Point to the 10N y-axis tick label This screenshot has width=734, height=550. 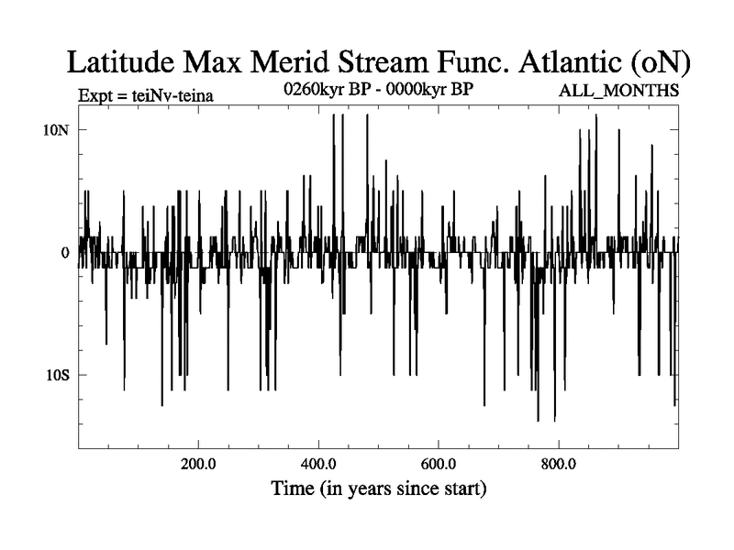(x=57, y=129)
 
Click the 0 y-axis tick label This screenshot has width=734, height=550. (x=65, y=252)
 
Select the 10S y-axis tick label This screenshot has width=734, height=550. (x=57, y=375)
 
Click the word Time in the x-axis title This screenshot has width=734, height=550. (x=293, y=489)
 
